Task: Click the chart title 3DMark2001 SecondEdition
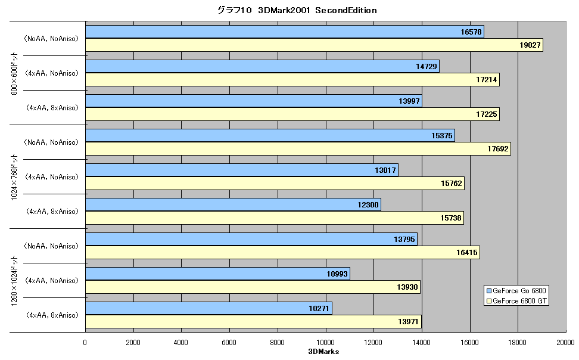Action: (297, 10)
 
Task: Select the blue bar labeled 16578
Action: (285, 32)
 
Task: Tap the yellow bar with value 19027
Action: (315, 45)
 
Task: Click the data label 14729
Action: (426, 67)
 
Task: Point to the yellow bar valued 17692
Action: (298, 149)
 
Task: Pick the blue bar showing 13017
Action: (242, 170)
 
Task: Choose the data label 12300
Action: (368, 205)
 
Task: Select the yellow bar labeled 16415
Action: (283, 253)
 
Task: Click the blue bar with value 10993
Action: (218, 274)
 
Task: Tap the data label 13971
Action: (408, 322)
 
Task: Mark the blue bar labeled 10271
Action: (209, 309)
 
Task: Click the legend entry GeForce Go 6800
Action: (516, 290)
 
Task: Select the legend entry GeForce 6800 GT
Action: (516, 301)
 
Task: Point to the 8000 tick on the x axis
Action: (278, 343)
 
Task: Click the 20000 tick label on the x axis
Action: (565, 343)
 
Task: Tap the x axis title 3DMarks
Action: (323, 352)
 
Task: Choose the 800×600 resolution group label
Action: (14, 73)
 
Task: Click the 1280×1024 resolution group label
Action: (14, 280)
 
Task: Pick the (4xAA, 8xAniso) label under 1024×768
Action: (52, 212)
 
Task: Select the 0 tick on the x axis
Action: (85, 343)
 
